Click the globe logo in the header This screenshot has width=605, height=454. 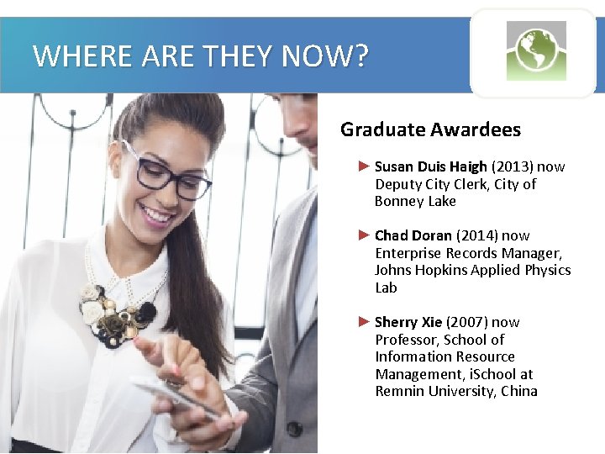[x=536, y=50]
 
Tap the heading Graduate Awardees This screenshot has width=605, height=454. [x=430, y=129]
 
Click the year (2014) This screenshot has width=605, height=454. [x=473, y=235]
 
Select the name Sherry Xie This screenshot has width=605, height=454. [x=408, y=322]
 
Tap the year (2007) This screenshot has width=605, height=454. [x=467, y=322]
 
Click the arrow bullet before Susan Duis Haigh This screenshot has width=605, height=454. [x=364, y=166]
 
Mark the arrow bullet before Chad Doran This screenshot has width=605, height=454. [x=364, y=235]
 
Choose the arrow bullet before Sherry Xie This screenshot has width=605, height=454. [x=364, y=321]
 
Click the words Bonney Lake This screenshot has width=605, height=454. [x=415, y=201]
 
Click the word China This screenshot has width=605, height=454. [x=518, y=391]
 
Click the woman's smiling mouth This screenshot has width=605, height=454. [x=158, y=215]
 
